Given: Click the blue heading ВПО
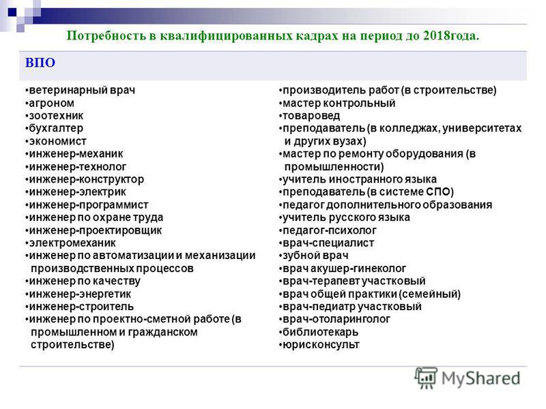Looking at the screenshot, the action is click(40, 63).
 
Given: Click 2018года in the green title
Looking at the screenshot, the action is click(451, 36).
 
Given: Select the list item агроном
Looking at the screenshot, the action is click(52, 104).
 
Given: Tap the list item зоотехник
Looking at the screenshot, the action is click(56, 116).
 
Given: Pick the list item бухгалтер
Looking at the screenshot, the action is click(56, 129).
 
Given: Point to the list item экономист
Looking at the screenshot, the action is click(57, 142).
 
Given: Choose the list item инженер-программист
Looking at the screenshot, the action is click(89, 205).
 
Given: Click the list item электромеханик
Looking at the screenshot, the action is click(72, 243).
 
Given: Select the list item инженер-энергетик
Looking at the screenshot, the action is click(80, 294).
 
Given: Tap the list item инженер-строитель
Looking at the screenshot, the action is click(81, 307).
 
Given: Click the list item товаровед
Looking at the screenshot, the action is click(311, 116).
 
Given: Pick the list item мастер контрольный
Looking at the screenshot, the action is click(339, 104).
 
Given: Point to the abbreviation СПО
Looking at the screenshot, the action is click(438, 192).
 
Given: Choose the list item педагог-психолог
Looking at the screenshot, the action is click(330, 230).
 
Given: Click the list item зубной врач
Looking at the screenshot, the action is click(315, 256).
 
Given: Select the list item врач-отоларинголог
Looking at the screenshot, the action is click(336, 319).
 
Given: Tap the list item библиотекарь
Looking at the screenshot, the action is click(320, 332).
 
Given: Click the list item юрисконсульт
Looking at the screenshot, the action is click(321, 345).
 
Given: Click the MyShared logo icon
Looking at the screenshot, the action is click(425, 378).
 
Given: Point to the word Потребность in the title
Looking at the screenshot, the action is click(106, 36).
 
